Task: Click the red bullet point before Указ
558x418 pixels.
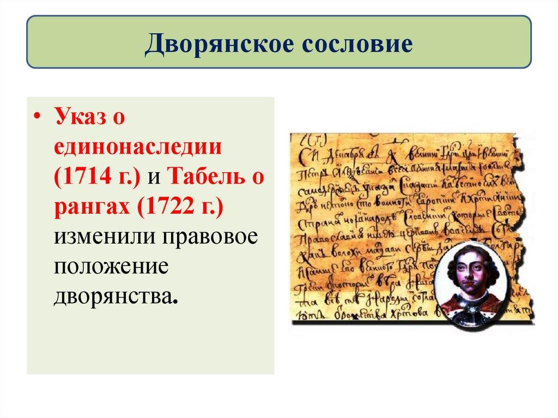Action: [x=37, y=120]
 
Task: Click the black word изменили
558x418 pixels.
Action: [x=101, y=238]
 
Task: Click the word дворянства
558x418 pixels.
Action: [x=115, y=297]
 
